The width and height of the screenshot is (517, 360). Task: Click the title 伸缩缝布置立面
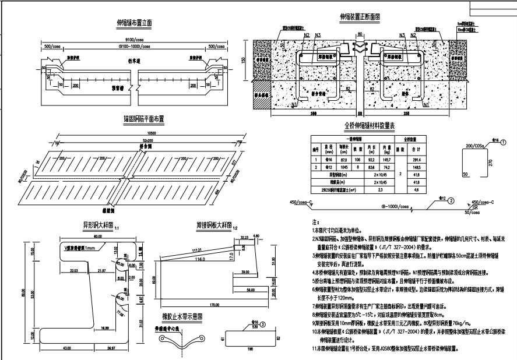click(134, 23)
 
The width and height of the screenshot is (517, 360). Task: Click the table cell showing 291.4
click(434, 159)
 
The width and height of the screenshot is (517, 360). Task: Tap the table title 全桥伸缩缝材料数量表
click(370, 126)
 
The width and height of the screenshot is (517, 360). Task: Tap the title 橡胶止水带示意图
click(183, 316)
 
